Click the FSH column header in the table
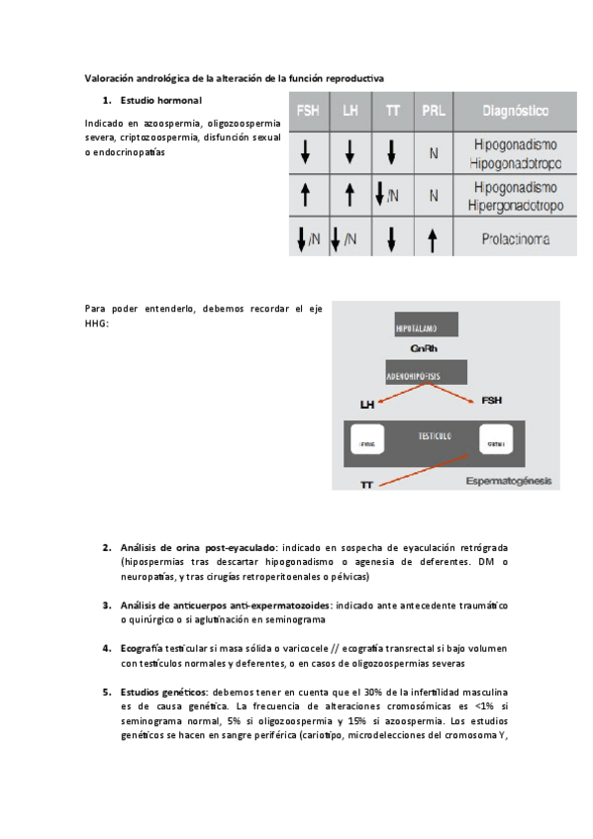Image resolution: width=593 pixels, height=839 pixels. (x=307, y=111)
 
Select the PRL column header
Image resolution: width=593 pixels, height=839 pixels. (x=433, y=111)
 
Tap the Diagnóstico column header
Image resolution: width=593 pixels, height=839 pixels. (x=515, y=111)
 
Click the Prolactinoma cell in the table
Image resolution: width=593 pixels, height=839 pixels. (x=515, y=239)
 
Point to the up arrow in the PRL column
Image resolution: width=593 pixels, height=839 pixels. (x=433, y=239)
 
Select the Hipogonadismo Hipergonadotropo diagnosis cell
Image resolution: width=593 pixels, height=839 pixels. (x=515, y=196)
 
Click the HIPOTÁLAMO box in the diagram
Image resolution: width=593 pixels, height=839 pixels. (x=428, y=327)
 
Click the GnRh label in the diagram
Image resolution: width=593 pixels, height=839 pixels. (x=425, y=348)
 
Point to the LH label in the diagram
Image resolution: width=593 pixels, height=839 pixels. (x=367, y=404)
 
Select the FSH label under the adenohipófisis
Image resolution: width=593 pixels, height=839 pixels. (x=491, y=401)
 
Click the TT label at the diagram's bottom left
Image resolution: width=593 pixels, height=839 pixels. (x=366, y=485)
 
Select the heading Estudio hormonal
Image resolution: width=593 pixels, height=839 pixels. (x=160, y=101)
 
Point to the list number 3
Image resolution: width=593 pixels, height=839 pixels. (x=107, y=605)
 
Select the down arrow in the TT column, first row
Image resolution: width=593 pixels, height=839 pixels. (x=392, y=152)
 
